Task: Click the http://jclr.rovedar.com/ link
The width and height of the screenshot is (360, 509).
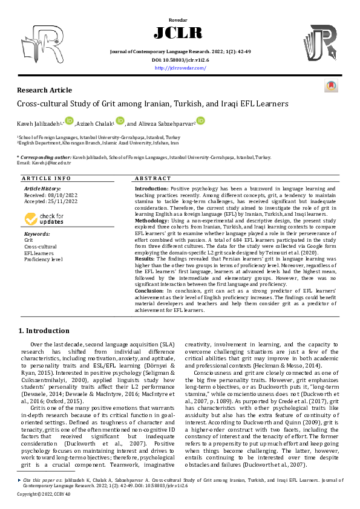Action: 180,68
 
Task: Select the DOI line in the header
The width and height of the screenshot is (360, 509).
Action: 180,60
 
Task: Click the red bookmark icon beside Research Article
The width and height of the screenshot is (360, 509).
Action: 332,87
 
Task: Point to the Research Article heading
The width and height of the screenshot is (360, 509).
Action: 44,90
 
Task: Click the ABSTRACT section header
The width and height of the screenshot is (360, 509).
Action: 148,179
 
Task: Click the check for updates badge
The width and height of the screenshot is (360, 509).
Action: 43,219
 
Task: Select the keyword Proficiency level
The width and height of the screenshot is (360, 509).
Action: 43,259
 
